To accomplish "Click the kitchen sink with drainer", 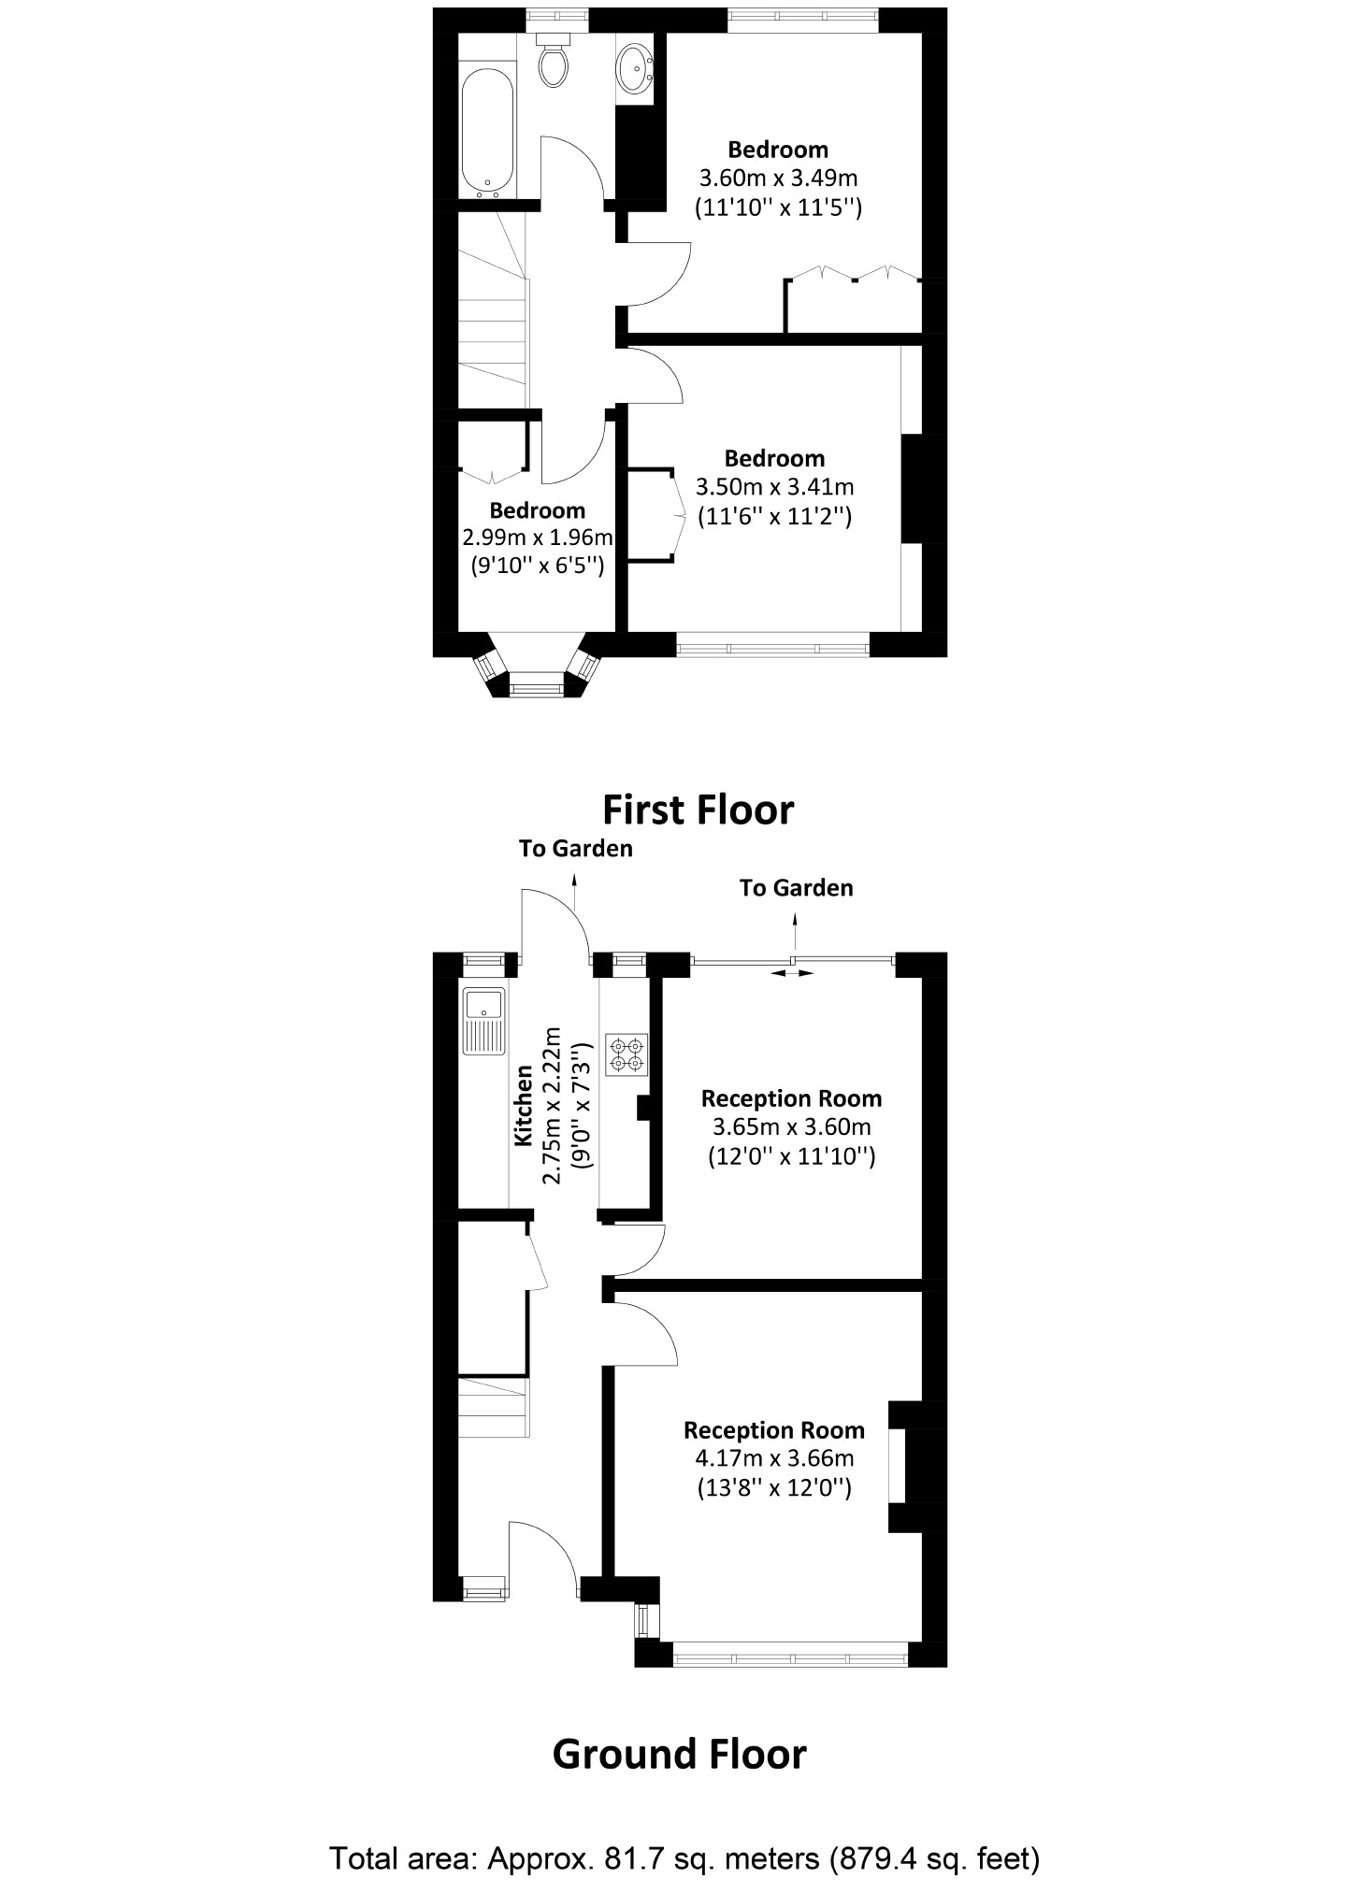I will [483, 1020].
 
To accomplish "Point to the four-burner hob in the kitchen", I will [626, 1054].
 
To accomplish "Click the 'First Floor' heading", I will [698, 810].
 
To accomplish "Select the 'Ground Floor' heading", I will [679, 1755].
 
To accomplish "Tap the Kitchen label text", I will [524, 1105].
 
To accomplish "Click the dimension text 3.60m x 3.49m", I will [778, 178].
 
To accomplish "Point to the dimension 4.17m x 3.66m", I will [774, 1457].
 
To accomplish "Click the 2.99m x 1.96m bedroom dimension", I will [538, 538].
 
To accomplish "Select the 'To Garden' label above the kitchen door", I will [576, 849].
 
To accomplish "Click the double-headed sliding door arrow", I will [792, 973].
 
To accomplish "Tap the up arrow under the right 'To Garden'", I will [796, 931].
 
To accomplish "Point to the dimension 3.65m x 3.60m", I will [791, 1126].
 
